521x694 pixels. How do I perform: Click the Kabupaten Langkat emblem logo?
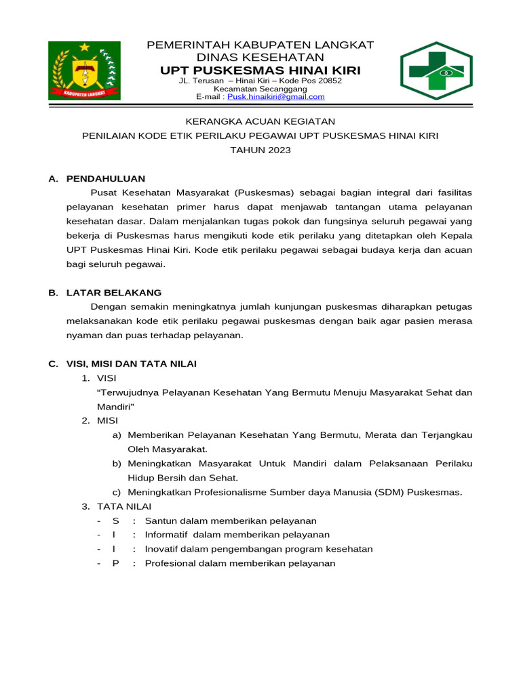click(84, 70)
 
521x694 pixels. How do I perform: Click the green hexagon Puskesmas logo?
click(436, 70)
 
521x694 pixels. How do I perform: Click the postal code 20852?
click(326, 81)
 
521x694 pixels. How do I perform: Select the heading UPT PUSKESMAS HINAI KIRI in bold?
click(260, 71)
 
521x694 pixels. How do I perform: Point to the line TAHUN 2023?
click(260, 150)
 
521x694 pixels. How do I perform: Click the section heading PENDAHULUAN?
click(105, 179)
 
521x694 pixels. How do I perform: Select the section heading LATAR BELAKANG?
click(113, 293)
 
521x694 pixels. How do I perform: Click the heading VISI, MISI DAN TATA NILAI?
click(131, 364)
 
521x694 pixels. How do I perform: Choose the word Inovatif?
click(163, 549)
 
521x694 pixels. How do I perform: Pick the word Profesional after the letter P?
click(170, 563)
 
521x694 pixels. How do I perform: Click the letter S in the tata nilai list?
click(115, 520)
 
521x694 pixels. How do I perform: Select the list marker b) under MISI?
click(117, 464)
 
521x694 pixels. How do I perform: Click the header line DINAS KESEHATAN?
click(260, 58)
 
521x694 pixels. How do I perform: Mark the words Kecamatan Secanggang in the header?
click(260, 89)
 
